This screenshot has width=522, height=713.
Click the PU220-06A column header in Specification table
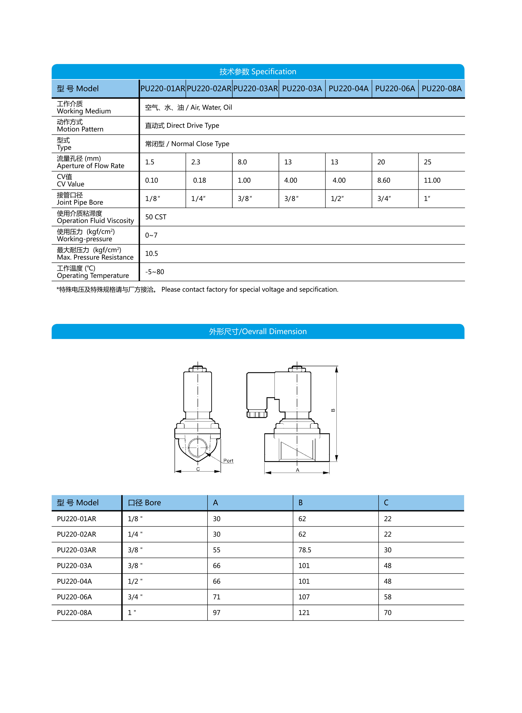395,89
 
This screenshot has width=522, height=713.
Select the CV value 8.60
384,180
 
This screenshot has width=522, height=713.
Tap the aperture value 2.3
196,162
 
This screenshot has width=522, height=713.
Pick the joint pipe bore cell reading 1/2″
337,199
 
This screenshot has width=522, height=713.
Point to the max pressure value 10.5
152,254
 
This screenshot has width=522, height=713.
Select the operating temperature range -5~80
154,272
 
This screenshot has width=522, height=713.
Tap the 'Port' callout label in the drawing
228,461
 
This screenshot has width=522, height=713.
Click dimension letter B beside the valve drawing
333,410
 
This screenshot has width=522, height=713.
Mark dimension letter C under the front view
198,469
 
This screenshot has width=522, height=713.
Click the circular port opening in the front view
198,448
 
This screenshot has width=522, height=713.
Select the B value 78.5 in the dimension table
305,550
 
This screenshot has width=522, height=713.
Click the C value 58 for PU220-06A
387,597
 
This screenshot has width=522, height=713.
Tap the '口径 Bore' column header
144,503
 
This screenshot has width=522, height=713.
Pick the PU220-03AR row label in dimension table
76,550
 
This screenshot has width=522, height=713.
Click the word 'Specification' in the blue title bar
274,72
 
